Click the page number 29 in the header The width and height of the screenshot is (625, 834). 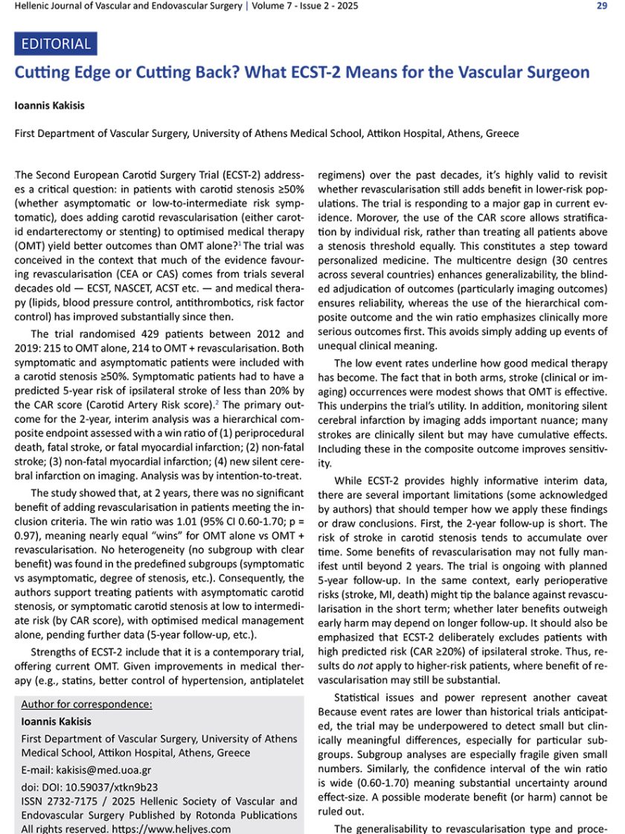pyautogui.click(x=603, y=7)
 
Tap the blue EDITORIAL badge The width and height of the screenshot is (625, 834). pyautogui.click(x=56, y=43)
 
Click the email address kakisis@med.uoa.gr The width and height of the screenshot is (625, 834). pyautogui.click(x=108, y=770)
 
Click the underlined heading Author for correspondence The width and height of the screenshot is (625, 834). pyautogui.click(x=86, y=704)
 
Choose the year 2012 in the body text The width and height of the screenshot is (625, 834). pyautogui.click(x=250, y=334)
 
